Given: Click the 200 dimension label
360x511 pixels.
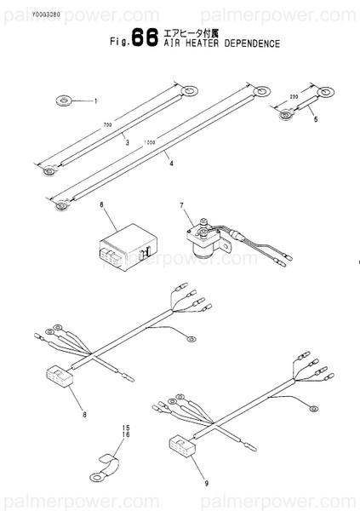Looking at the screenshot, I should (295, 98).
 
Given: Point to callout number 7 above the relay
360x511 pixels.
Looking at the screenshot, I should (181, 206).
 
